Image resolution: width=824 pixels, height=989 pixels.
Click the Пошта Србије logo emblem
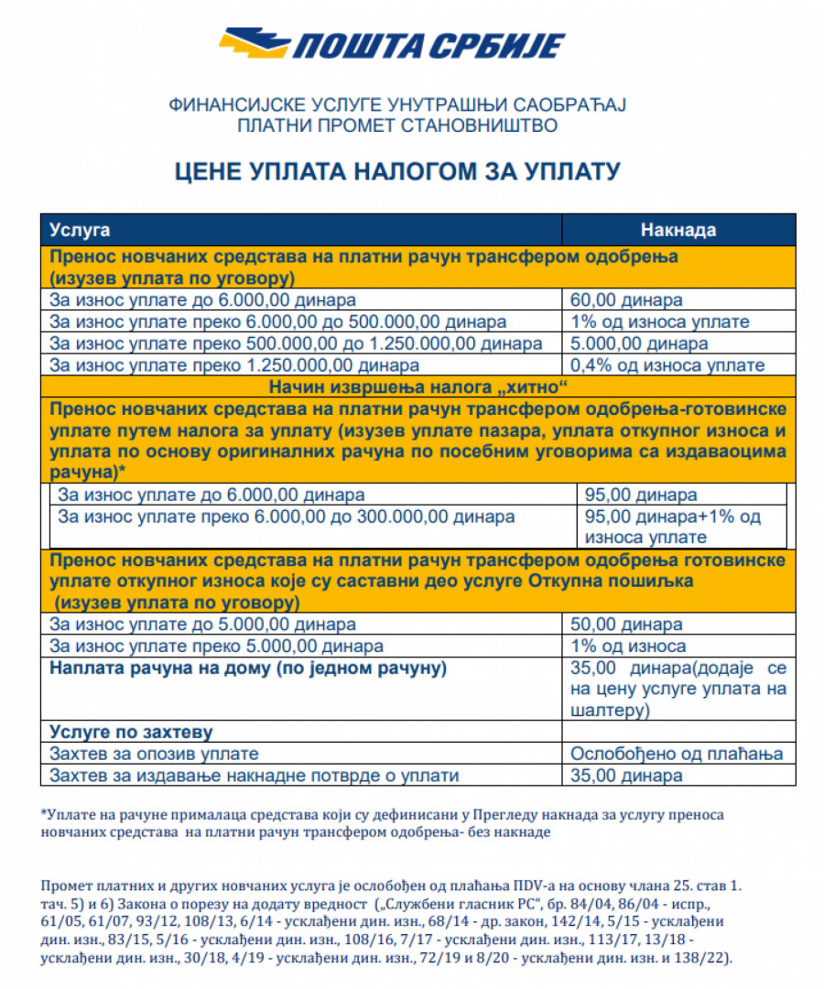pyautogui.click(x=251, y=43)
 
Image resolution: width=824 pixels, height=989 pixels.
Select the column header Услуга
pyautogui.click(x=80, y=229)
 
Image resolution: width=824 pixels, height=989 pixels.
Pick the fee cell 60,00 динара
pyautogui.click(x=626, y=299)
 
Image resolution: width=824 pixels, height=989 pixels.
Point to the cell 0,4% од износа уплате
pyautogui.click(x=667, y=365)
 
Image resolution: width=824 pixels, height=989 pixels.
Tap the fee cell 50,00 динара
pyautogui.click(x=626, y=625)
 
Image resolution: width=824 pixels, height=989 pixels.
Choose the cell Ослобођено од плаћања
pyautogui.click(x=677, y=754)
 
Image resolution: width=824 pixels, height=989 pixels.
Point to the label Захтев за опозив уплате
pyautogui.click(x=154, y=754)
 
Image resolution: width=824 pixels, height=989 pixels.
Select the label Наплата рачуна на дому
pyautogui.click(x=248, y=668)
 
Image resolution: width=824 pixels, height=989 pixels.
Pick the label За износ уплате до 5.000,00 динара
pyautogui.click(x=202, y=625)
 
